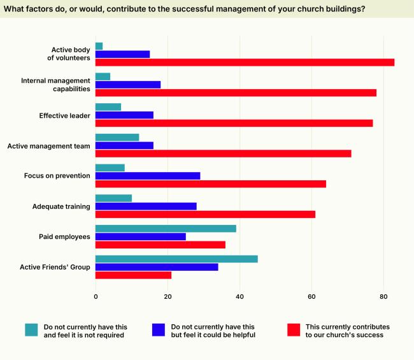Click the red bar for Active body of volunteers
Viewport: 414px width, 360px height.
click(245, 62)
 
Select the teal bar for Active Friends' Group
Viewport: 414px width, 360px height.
click(176, 259)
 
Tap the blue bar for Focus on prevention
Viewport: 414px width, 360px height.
click(148, 175)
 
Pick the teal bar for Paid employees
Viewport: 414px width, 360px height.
click(166, 228)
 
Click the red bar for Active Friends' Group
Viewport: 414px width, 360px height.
click(133, 275)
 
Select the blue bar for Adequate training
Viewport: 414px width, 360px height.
click(146, 206)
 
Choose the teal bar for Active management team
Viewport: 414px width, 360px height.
click(117, 137)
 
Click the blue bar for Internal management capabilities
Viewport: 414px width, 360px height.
click(128, 84)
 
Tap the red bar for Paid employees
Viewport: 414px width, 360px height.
click(161, 245)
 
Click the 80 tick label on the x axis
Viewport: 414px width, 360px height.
click(383, 296)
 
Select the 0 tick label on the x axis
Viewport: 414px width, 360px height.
click(96, 296)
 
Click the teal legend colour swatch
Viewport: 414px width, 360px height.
click(31, 329)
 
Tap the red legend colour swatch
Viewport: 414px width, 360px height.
click(293, 329)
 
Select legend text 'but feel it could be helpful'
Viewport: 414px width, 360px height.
click(213, 335)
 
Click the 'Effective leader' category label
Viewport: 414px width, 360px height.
click(64, 115)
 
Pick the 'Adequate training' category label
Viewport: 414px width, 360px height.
click(61, 206)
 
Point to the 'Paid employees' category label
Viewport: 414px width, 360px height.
click(64, 236)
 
